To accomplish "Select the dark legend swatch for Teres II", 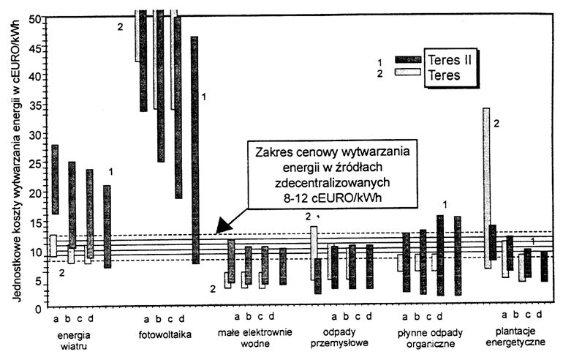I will [408, 59].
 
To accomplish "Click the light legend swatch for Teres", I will [408, 72].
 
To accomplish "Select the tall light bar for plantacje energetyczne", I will [486, 187].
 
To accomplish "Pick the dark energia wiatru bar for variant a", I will [55, 179].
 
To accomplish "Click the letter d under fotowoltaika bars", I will [182, 318].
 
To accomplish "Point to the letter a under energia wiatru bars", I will [56, 318].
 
